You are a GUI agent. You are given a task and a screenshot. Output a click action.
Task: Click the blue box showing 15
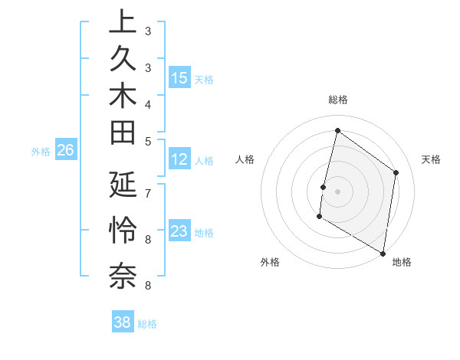(179, 77)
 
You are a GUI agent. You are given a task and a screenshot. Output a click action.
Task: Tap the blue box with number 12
(179, 159)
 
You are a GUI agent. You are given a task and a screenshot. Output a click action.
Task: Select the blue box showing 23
(179, 231)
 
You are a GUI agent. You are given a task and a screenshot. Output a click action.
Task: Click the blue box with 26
(65, 151)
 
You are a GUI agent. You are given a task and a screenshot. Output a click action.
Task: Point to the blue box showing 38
(123, 322)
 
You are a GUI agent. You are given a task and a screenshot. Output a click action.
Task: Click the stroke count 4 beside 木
(148, 103)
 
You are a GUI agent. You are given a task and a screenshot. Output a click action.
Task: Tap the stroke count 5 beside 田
(148, 140)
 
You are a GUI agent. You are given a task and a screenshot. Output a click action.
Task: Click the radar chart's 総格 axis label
(338, 100)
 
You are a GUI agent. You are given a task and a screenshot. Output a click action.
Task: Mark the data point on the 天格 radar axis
(396, 172)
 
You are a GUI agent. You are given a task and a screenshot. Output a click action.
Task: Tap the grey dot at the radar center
(338, 191)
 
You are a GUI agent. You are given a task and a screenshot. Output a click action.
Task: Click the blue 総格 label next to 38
(147, 324)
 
